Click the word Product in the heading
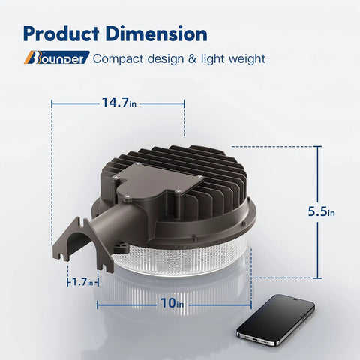(x=61, y=34)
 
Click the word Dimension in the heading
(x=157, y=34)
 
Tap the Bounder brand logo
(x=56, y=58)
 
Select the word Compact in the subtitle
(x=118, y=59)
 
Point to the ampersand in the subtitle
(x=193, y=59)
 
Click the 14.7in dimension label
(x=119, y=103)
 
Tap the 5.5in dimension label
(x=321, y=211)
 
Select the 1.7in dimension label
(x=82, y=282)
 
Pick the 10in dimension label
(x=172, y=303)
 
